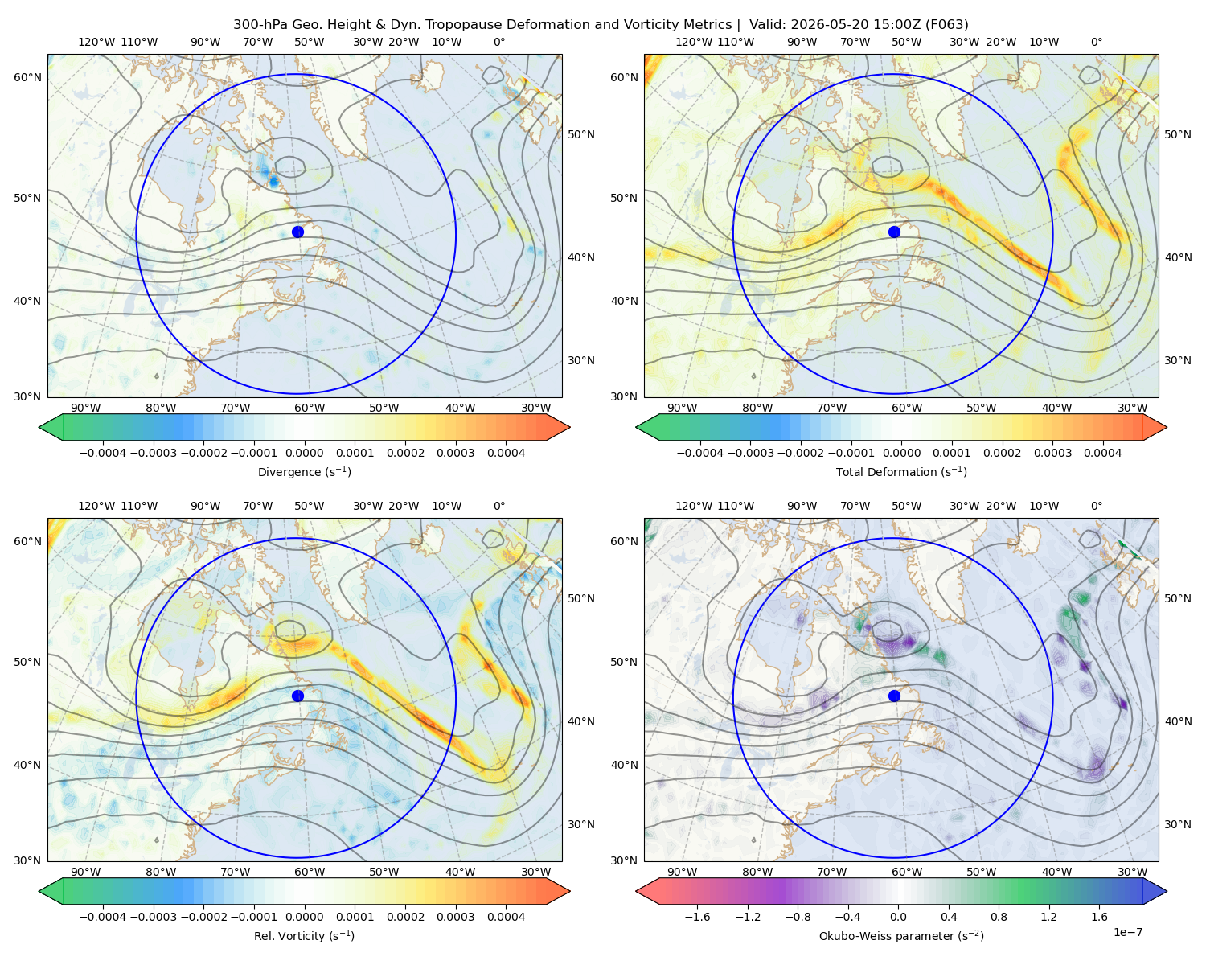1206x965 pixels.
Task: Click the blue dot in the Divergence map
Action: point(297,232)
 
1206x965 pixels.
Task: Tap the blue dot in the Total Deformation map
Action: point(894,232)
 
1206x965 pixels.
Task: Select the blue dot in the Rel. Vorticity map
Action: point(297,696)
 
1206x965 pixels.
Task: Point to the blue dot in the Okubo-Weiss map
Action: point(894,696)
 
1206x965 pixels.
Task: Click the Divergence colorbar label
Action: point(304,471)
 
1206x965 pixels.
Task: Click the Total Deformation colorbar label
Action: point(901,471)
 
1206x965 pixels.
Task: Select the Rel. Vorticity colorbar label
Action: point(304,935)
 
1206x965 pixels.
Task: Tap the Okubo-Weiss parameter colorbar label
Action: point(901,935)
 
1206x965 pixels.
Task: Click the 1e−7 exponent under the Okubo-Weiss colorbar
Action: point(1127,932)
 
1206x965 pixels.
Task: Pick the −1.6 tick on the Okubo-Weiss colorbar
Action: point(697,917)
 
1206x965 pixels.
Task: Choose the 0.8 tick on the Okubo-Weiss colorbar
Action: point(999,917)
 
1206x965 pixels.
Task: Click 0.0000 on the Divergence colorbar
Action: point(304,453)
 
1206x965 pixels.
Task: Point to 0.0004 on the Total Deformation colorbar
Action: point(1102,453)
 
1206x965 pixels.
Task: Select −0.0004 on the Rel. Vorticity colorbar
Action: point(103,917)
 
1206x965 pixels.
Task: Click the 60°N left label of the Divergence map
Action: point(27,77)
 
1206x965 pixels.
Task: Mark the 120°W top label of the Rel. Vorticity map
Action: point(96,506)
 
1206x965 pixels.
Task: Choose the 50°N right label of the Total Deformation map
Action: point(1177,134)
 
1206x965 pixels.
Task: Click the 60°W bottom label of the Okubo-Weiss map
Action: point(907,872)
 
